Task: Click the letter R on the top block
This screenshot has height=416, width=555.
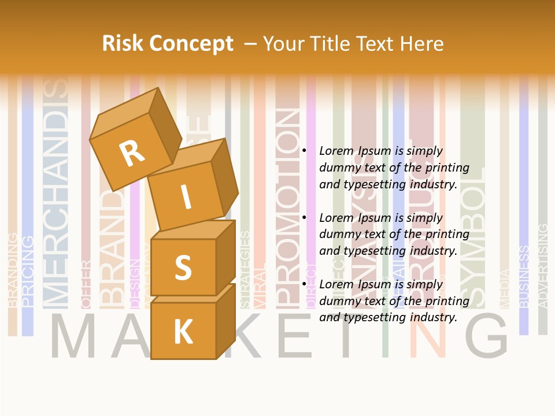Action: click(132, 153)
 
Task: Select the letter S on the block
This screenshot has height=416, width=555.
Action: click(183, 266)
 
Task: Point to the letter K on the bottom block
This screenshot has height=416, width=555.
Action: click(183, 332)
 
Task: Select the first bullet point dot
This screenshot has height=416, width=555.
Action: click(304, 151)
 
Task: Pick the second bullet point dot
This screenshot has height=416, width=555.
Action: click(304, 218)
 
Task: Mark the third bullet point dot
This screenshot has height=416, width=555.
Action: click(304, 284)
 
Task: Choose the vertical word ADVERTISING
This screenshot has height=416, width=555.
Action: click(542, 266)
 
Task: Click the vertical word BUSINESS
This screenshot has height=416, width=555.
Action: click(523, 276)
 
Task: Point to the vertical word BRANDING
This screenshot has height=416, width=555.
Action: click(12, 269)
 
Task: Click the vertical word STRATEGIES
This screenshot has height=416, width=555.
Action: click(245, 269)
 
